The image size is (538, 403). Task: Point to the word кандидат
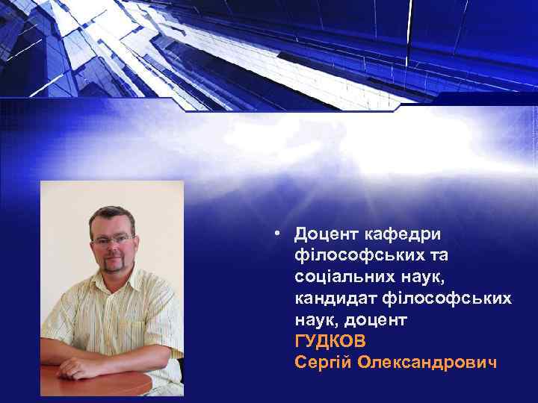(332, 299)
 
